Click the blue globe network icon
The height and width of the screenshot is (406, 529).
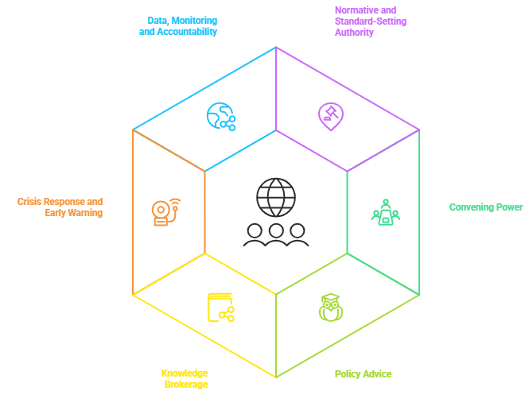pos(220,116)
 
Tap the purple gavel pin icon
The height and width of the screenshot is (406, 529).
pos(330,115)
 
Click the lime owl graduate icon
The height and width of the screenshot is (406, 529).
pos(329,307)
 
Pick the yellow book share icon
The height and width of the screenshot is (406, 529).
pos(220,307)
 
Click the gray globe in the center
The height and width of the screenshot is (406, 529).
pos(275,197)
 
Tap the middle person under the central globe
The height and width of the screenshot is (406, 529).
pos(276,235)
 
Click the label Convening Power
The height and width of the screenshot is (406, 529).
pos(485,207)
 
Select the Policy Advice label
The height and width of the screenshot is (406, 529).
pos(363,373)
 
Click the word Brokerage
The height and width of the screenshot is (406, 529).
pos(186,385)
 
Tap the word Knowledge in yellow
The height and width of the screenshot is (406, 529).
pos(185,373)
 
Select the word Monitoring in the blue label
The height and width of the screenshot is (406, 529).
pos(194,21)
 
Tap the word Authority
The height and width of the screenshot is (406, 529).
pos(354,33)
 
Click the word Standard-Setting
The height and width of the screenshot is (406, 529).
pos(370,21)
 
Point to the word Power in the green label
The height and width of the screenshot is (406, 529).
pos(509,207)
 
